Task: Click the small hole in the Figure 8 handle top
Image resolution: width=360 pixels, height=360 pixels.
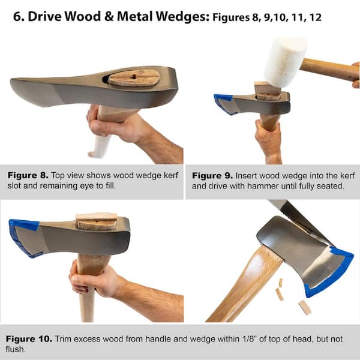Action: [134, 77]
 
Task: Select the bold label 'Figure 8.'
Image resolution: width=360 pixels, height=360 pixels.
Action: [28, 175]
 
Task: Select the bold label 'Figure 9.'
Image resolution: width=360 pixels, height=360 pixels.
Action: [212, 176]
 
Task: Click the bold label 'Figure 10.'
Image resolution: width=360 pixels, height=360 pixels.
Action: [29, 339]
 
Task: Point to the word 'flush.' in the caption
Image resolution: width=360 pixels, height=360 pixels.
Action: [16, 349]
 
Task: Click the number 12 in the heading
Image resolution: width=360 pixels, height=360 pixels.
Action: [315, 17]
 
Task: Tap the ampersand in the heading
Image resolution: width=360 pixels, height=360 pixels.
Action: [109, 17]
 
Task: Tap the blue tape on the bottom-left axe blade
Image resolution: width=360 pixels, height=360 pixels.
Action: [23, 236]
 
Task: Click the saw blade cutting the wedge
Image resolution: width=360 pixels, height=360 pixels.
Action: [298, 220]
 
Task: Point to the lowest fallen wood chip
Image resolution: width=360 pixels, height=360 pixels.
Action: [305, 307]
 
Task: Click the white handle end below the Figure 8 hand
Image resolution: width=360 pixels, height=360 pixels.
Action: [100, 146]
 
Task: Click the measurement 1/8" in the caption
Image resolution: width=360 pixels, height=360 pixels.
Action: [248, 339]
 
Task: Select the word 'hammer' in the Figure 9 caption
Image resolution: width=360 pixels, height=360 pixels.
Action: [263, 186]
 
